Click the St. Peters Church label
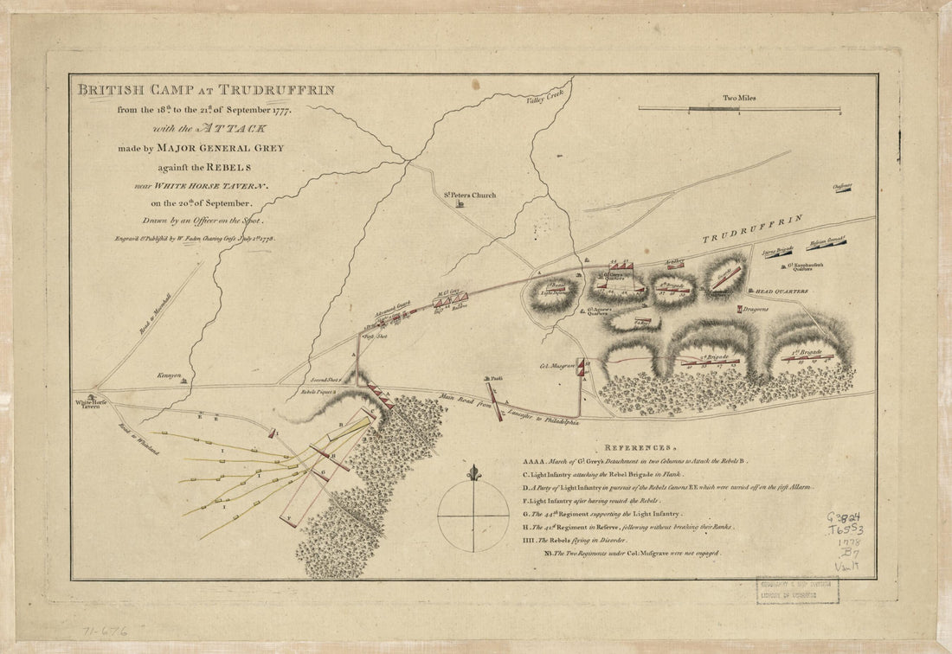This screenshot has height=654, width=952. pos(471,196)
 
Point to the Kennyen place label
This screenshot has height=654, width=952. pos(169,376)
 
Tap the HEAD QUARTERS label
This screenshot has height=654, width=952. pos(782,292)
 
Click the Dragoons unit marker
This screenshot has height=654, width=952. pos(741,309)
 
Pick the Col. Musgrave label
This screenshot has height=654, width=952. pos(556,365)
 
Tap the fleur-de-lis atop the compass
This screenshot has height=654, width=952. pos(473,473)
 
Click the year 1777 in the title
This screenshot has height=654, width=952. pos(276,111)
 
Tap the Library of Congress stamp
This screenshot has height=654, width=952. pos(797,591)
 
